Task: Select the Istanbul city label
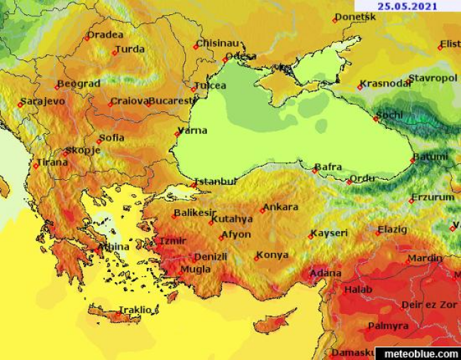216,181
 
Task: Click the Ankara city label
282,207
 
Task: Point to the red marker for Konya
257,258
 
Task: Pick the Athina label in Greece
114,247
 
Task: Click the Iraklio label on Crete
135,310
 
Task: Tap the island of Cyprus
273,323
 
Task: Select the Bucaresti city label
172,101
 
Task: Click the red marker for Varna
177,134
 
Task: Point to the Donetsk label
355,16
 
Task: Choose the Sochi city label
389,114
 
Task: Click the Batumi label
431,156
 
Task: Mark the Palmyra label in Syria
387,326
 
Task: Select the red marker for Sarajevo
21,105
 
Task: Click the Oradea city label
105,34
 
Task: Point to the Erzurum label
433,197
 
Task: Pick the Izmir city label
172,240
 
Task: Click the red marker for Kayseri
311,237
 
